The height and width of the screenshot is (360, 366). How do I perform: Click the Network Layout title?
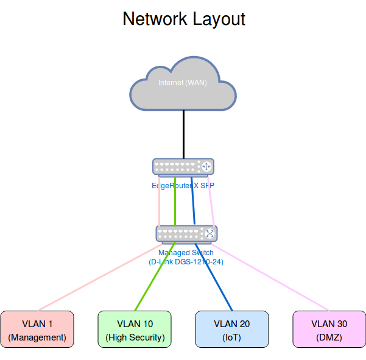(x=184, y=18)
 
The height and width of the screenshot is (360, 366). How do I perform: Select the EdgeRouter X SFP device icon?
(x=183, y=166)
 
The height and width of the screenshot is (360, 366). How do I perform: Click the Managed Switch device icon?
(x=186, y=233)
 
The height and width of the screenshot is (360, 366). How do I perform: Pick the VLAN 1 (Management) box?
(x=37, y=330)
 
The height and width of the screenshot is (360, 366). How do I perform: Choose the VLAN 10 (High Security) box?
(x=135, y=330)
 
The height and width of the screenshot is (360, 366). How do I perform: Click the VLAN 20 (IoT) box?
(x=232, y=330)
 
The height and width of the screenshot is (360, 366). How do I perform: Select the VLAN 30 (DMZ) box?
(x=329, y=330)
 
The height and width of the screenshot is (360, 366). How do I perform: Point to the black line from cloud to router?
(x=183, y=134)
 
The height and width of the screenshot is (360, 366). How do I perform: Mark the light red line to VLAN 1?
(x=97, y=277)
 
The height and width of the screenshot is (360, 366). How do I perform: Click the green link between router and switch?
(x=175, y=204)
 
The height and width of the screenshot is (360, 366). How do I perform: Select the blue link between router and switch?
(x=193, y=204)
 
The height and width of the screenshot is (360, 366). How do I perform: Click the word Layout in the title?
(x=216, y=18)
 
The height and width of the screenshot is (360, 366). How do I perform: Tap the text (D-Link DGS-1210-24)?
(x=186, y=261)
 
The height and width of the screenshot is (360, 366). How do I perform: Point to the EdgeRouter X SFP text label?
(x=183, y=185)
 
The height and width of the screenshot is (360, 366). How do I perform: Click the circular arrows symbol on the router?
(x=206, y=166)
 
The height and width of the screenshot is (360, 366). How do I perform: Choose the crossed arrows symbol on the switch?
(x=209, y=233)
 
